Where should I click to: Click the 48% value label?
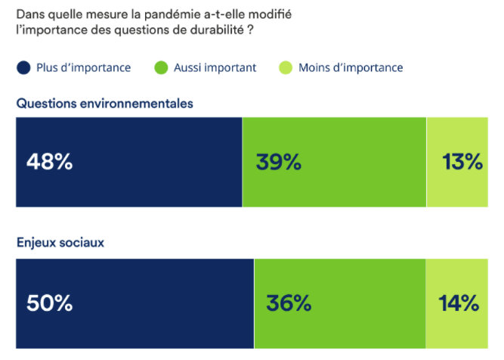point(49,162)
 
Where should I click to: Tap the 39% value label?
point(278,162)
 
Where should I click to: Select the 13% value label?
point(462,162)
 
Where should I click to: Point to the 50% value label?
point(49,303)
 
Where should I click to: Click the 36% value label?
point(289,303)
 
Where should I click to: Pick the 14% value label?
point(459,303)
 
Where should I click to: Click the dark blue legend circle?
point(24,68)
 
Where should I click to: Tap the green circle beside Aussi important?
point(161,68)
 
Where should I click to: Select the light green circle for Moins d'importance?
point(286,68)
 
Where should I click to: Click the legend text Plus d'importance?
point(83,68)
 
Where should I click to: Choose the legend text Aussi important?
point(215,68)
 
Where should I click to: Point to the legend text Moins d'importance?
point(351,68)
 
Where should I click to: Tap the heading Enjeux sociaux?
point(60,244)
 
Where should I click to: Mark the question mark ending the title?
point(250,31)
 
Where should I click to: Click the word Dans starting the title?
point(30,14)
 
